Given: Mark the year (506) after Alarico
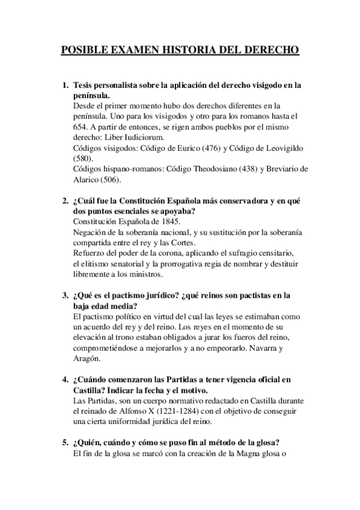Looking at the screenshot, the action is click(111, 179).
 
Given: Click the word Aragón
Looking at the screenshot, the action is click(86, 358).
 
